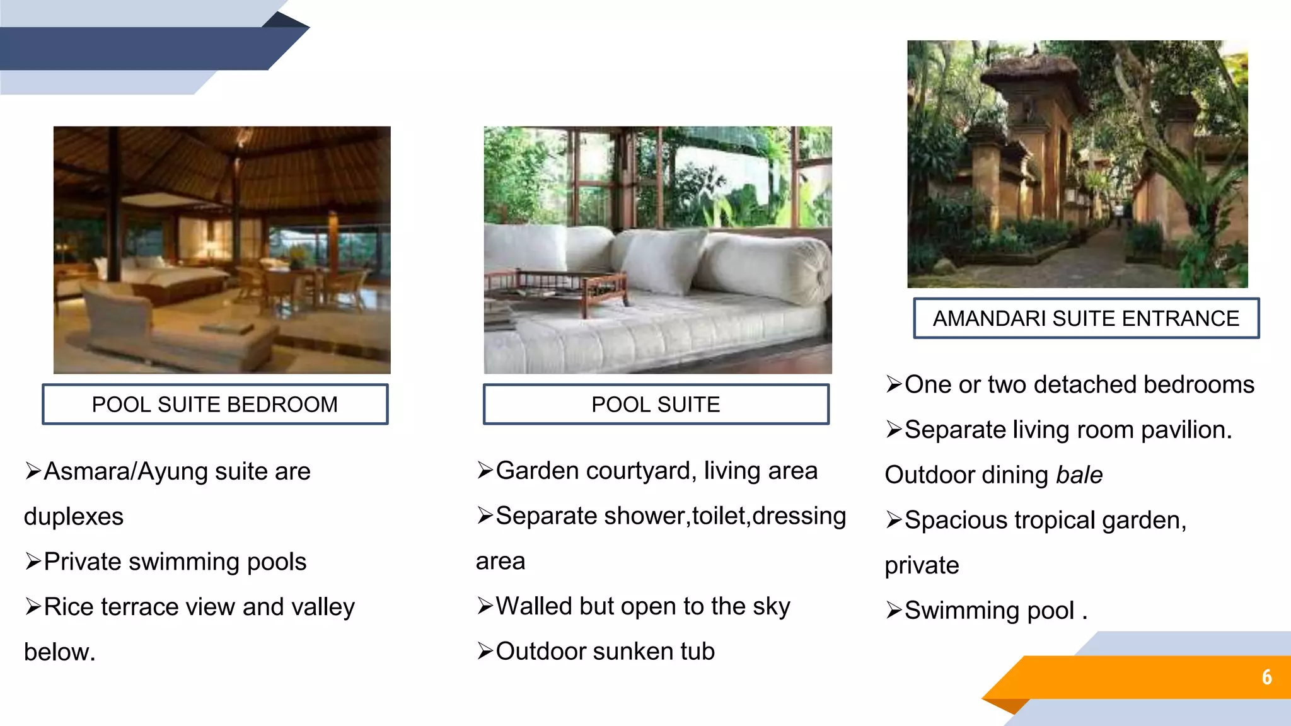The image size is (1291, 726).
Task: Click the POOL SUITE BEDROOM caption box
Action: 215,405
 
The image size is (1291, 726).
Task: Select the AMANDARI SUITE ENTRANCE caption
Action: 1085,318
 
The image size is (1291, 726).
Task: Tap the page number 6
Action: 1266,677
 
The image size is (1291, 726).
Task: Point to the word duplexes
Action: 74,517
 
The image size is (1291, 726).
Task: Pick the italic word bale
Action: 1079,475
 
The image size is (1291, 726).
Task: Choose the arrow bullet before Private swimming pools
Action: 33,562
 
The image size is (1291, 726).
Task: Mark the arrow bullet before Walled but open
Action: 485,606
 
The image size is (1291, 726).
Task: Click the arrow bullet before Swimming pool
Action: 894,611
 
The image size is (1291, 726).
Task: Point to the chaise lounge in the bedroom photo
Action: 164,328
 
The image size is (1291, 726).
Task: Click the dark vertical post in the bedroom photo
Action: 113,202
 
